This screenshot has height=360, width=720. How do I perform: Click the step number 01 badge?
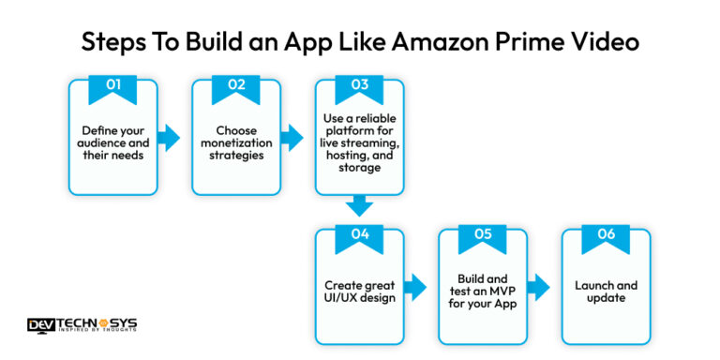point(113,85)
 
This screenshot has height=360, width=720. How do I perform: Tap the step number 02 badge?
point(236,85)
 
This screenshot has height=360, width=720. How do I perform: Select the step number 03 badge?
point(359,85)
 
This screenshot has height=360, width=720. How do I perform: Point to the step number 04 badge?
point(359,235)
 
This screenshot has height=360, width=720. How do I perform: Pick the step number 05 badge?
point(483,235)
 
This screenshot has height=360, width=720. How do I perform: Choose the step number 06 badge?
point(607,235)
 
